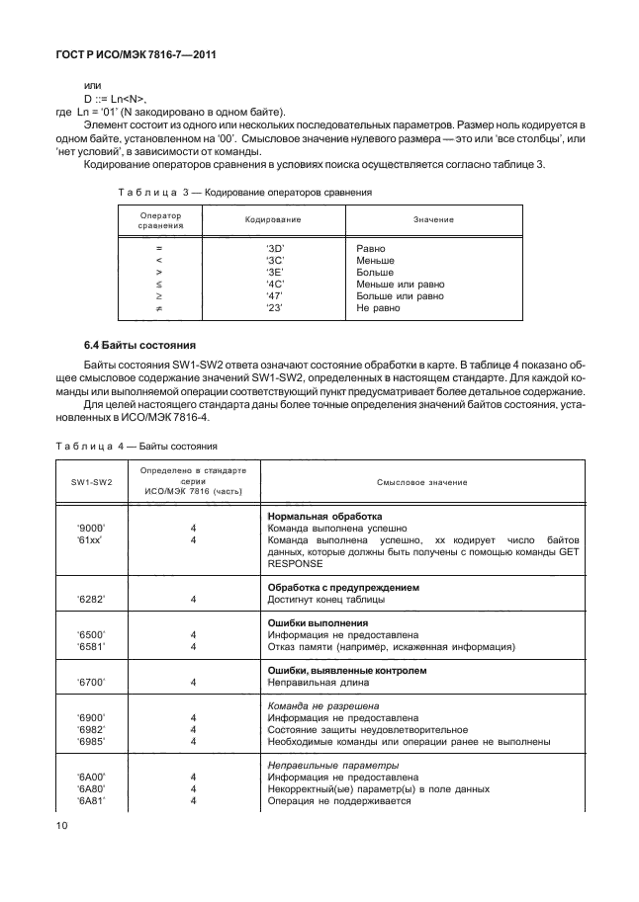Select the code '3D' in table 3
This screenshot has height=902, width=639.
(x=276, y=248)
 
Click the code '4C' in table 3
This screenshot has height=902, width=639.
(x=276, y=284)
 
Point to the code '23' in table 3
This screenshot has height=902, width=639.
(x=276, y=307)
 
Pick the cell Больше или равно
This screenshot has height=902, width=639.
(x=400, y=295)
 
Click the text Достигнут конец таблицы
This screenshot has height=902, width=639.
(x=327, y=599)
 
